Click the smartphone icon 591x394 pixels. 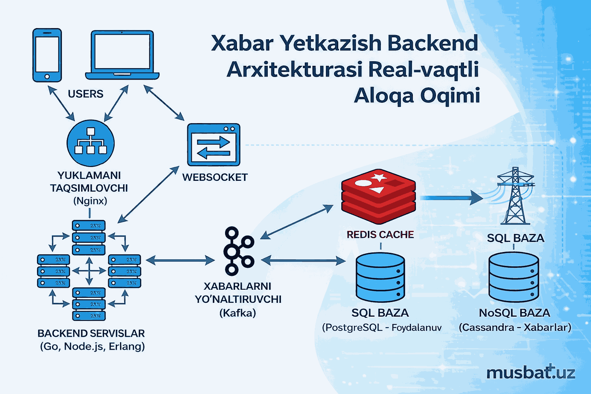click(47, 55)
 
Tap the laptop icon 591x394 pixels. click(122, 55)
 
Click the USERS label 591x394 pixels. click(85, 94)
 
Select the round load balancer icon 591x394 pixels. click(90, 143)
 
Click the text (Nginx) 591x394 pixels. click(90, 201)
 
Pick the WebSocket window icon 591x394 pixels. click(214, 145)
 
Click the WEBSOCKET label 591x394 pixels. click(215, 177)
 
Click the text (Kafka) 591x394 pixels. click(237, 313)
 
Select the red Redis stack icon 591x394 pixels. click(378, 196)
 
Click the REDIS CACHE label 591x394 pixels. click(380, 235)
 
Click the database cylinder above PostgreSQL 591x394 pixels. click(380, 277)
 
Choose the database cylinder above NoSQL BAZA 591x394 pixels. click(514, 277)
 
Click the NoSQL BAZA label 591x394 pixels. click(514, 313)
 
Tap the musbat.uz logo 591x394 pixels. click(531, 372)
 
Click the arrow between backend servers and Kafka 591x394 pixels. click(180, 260)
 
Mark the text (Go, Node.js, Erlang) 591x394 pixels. click(92, 346)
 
